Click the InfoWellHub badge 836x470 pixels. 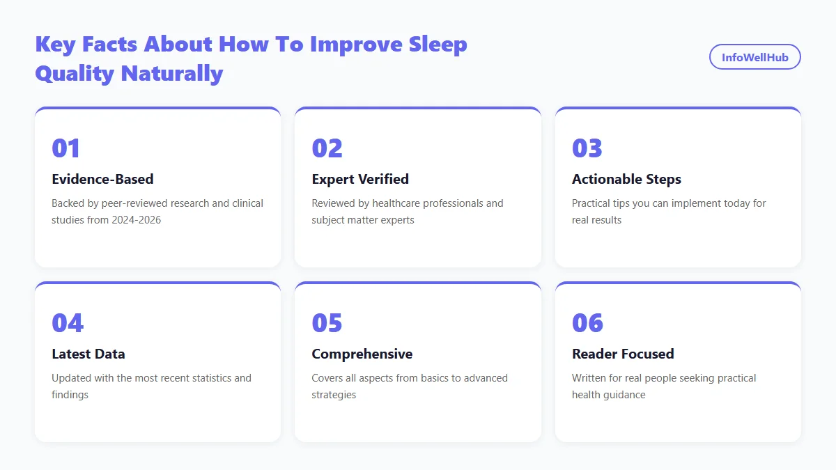point(754,57)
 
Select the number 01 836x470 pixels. point(66,148)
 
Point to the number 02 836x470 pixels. point(327,148)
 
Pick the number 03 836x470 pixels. point(587,148)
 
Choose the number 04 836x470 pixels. point(68,322)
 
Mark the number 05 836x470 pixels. point(327,322)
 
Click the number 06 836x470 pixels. point(588,322)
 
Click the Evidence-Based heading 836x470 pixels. point(102,179)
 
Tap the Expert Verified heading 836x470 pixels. point(360,179)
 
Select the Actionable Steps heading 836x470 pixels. point(626,179)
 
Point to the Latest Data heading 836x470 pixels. point(88,354)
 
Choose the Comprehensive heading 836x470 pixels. point(362,354)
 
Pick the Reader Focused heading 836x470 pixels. point(623,354)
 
